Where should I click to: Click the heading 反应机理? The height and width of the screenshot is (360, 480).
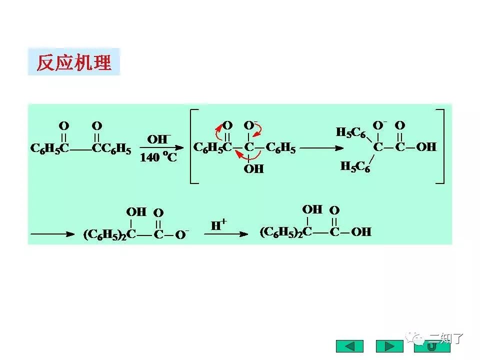point(74,62)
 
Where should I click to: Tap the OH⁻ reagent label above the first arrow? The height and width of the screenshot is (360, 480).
point(159,138)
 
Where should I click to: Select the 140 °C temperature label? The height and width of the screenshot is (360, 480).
point(158,158)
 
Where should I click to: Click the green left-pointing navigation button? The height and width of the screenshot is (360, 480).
point(349,345)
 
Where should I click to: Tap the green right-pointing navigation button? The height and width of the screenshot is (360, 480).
point(389,345)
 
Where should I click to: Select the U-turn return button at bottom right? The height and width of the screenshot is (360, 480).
point(431,346)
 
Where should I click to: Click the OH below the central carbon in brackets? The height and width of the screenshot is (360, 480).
point(253,168)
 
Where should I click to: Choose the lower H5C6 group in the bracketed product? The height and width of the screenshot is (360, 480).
point(355,166)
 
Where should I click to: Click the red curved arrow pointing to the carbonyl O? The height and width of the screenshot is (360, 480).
point(218,132)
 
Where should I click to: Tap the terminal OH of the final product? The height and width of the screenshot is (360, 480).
point(361,232)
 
